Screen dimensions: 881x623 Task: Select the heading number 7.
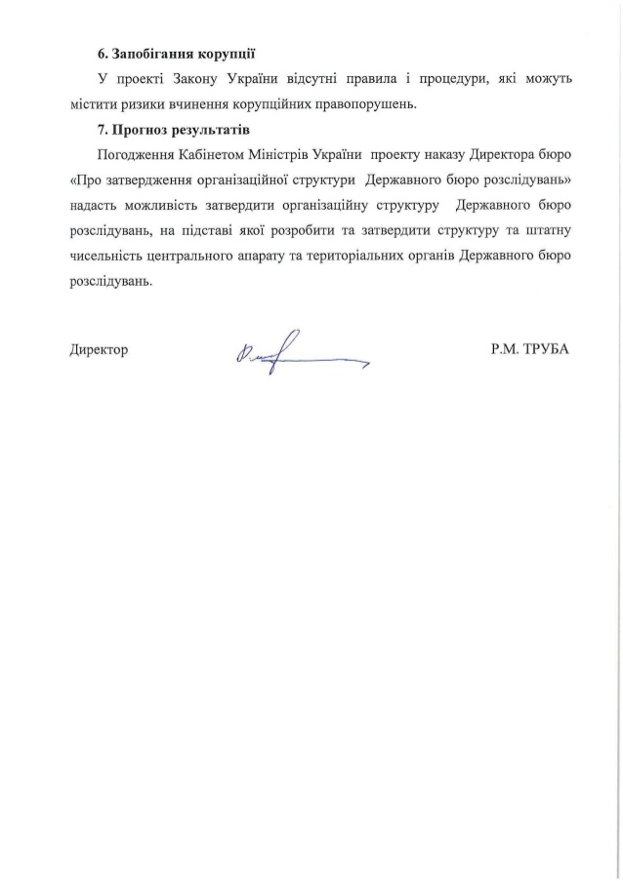pyautogui.click(x=101, y=129)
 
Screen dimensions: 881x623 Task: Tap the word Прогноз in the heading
pyautogui.click(x=140, y=129)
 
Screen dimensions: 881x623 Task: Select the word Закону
pyautogui.click(x=204, y=77)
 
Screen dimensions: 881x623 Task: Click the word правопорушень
pyautogui.click(x=375, y=102)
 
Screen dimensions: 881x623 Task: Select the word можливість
pyautogui.click(x=157, y=205)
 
